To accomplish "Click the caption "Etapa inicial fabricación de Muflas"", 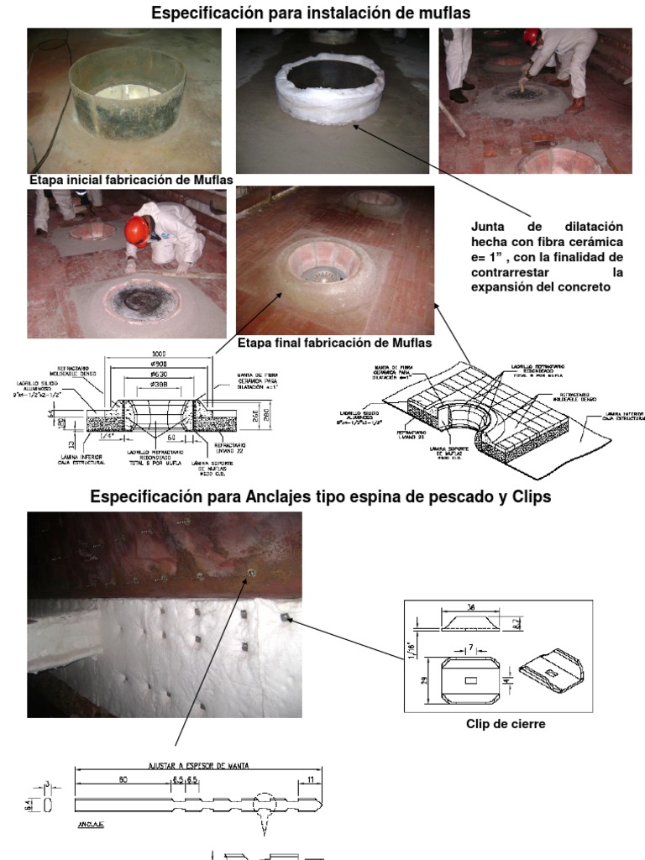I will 131,181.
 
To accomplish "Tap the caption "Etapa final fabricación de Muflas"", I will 334,343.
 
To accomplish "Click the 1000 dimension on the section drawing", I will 158,354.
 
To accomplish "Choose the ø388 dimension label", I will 158,385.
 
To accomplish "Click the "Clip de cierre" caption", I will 506,724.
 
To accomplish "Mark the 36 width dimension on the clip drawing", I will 472,607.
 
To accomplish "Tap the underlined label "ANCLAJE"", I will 91,824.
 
